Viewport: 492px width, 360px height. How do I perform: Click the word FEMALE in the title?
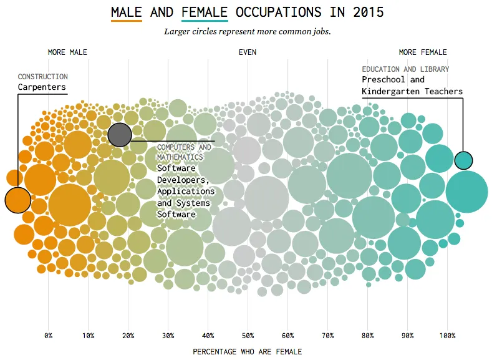pos(205,12)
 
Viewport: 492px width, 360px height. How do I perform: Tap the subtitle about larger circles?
pos(247,31)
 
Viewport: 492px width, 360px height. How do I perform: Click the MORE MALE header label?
pos(67,52)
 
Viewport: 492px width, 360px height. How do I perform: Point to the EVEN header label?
pos(247,52)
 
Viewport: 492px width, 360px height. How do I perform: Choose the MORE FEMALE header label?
pos(423,52)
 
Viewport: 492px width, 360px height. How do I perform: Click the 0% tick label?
pos(49,336)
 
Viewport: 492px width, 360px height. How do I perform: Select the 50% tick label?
pos(248,336)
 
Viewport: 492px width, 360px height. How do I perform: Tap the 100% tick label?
pos(447,336)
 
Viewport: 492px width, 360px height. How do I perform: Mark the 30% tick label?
pos(168,336)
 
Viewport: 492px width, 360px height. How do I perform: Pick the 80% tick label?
pos(367,336)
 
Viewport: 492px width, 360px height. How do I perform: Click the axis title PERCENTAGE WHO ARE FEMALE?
pos(247,352)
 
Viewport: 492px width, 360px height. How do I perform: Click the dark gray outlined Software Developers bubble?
pos(120,134)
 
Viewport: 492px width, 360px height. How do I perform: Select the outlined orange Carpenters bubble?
pos(17,200)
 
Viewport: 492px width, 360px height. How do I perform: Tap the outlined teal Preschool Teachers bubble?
pos(463,160)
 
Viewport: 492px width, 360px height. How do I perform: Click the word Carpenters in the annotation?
pos(42,87)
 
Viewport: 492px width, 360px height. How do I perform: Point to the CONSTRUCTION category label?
pos(43,77)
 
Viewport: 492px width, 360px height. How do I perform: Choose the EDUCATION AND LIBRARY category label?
pos(405,69)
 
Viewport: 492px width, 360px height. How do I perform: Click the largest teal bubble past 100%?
pos(466,192)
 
